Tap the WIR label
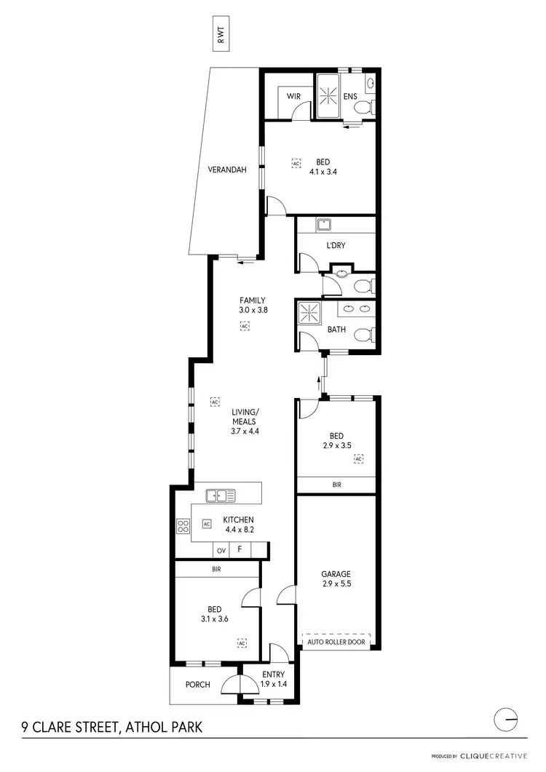pyautogui.click(x=294, y=96)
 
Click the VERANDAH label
pyautogui.click(x=227, y=170)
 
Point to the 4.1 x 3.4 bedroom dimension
pyautogui.click(x=322, y=172)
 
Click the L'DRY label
pyautogui.click(x=336, y=246)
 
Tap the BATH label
pyautogui.click(x=336, y=330)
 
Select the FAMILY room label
pyautogui.click(x=253, y=300)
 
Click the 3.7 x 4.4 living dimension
pyautogui.click(x=245, y=431)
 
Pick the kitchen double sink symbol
pyautogui.click(x=221, y=496)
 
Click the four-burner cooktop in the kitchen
pyautogui.click(x=183, y=525)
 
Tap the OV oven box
pyautogui.click(x=221, y=551)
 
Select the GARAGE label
pyautogui.click(x=336, y=573)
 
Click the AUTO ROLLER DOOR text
pyautogui.click(x=336, y=643)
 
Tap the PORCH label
pyautogui.click(x=197, y=685)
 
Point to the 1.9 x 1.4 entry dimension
pyautogui.click(x=274, y=685)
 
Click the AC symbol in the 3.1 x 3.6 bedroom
pyautogui.click(x=242, y=642)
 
